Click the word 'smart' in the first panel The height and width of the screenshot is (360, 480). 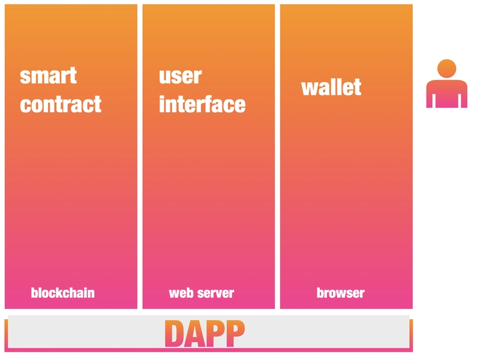[x=48, y=76]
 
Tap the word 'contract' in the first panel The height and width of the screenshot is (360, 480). [x=61, y=104]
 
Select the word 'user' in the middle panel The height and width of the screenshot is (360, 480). [x=181, y=76]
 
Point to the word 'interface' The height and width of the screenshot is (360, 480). [x=202, y=104]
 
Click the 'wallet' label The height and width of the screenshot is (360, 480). [x=331, y=87]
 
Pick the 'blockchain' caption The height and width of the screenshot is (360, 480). [x=63, y=293]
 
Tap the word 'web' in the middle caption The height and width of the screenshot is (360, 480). [x=181, y=293]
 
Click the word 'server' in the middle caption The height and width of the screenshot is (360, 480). [x=216, y=293]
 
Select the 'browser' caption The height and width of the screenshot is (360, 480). [x=340, y=293]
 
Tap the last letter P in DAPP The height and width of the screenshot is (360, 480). [x=235, y=334]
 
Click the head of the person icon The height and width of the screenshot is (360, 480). [x=446, y=68]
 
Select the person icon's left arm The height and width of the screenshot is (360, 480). [x=430, y=95]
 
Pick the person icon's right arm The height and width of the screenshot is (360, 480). [x=464, y=95]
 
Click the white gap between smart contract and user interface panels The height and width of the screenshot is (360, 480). [x=140, y=157]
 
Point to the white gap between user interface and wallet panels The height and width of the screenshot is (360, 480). [x=277, y=157]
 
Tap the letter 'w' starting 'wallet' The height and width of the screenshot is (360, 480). [x=309, y=89]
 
